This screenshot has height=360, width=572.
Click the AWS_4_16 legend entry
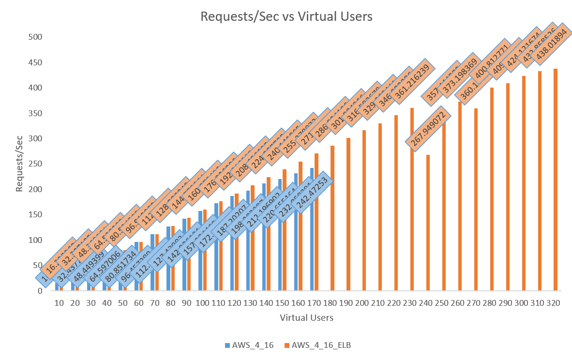pyautogui.click(x=249, y=345)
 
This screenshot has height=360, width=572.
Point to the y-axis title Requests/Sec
pyautogui.click(x=19, y=163)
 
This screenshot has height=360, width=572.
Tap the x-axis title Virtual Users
pyautogui.click(x=306, y=318)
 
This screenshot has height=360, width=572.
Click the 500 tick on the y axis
pyautogui.click(x=36, y=37)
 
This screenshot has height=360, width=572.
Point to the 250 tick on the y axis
pyautogui.click(x=36, y=164)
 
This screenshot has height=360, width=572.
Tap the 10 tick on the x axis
pyautogui.click(x=59, y=303)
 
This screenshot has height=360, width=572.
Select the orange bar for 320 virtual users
pyautogui.click(x=556, y=180)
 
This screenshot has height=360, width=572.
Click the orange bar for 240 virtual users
pyautogui.click(x=428, y=223)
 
